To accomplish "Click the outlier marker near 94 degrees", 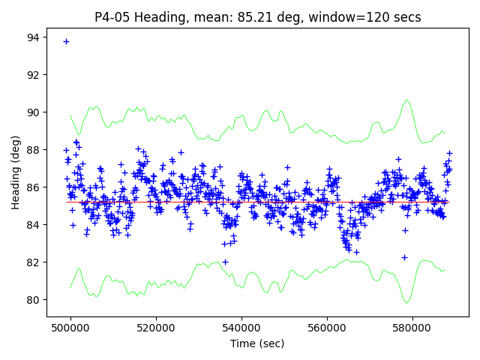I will (x=66, y=41).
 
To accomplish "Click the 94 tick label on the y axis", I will (x=34, y=37).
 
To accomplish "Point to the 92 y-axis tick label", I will (x=34, y=75).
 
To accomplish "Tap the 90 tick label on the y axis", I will (x=34, y=112).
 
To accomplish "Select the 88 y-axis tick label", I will (x=34, y=150).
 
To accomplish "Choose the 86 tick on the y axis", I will (x=34, y=187).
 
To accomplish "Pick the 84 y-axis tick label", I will (x=34, y=225).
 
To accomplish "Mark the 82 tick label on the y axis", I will (x=34, y=262).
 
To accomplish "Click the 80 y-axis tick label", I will (x=34, y=300).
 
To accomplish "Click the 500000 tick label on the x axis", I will (x=70, y=328).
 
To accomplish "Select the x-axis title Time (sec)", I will (x=258, y=343).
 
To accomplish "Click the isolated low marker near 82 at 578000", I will (x=404, y=257).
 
